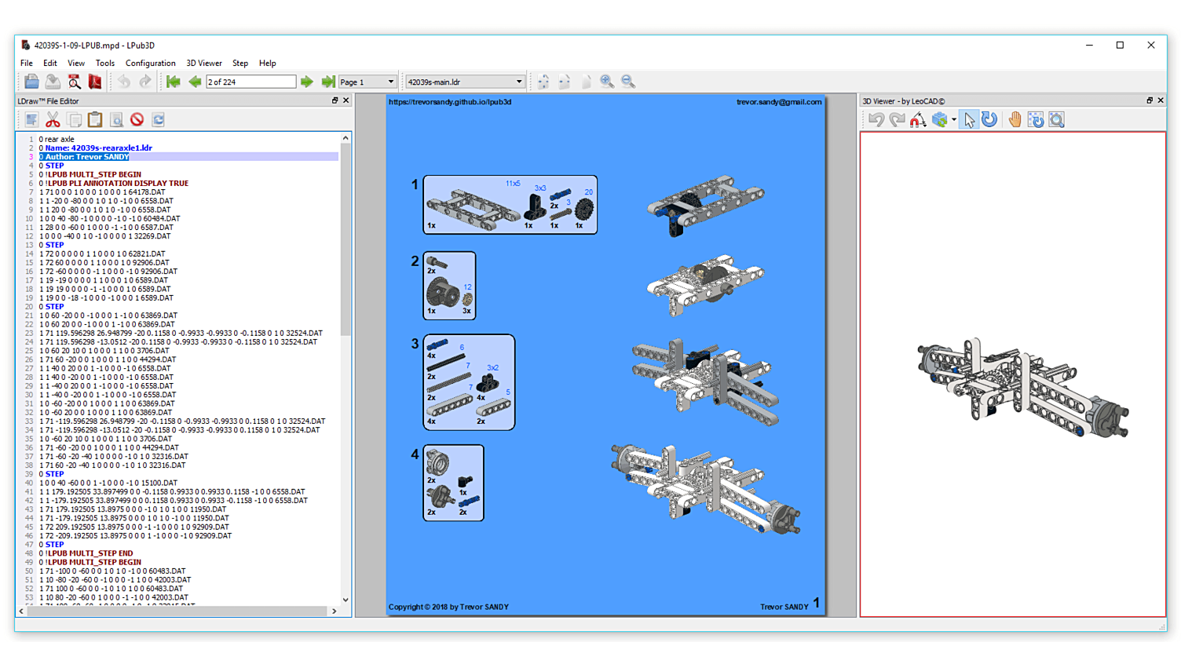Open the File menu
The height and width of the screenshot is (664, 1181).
(27, 64)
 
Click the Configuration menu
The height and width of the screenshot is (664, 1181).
(150, 64)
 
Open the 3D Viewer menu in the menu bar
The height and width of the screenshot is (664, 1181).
(204, 64)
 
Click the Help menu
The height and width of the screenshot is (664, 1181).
(268, 64)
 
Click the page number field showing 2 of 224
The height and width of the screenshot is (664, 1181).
(250, 82)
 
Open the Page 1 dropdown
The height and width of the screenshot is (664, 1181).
(367, 82)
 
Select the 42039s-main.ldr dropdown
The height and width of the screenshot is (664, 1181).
(465, 82)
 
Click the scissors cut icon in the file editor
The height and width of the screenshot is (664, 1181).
(53, 119)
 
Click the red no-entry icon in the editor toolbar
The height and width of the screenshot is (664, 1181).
(137, 119)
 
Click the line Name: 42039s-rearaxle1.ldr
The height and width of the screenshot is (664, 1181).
(98, 148)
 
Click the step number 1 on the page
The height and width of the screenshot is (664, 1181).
(415, 184)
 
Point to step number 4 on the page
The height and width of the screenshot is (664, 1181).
(415, 454)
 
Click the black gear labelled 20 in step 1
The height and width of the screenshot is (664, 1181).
(583, 210)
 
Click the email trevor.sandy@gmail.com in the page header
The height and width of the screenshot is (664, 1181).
(779, 102)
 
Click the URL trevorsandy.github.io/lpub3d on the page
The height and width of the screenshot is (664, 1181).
(450, 102)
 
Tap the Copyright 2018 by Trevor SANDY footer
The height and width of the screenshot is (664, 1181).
(448, 607)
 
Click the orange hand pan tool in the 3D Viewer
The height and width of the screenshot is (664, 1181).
(1015, 119)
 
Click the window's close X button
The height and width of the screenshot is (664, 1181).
(1151, 46)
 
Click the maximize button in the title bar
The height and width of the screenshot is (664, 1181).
(1120, 46)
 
